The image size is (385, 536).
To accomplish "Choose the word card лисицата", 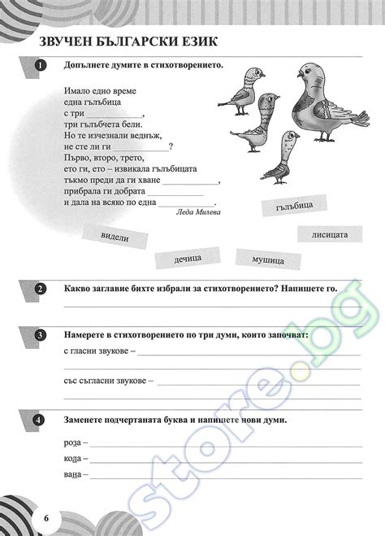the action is (329, 234).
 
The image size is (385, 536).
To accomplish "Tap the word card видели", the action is (114, 237).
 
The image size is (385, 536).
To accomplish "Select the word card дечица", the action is (187, 259).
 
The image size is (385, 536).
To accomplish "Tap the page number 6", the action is (46, 518).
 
